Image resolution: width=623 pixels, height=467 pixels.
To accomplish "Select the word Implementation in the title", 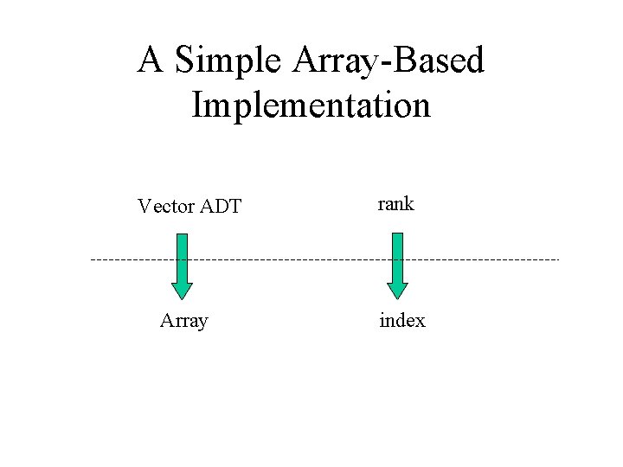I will [x=311, y=106].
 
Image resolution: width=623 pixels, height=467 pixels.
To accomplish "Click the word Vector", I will [x=166, y=207].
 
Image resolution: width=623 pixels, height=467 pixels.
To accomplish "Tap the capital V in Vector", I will [x=144, y=207].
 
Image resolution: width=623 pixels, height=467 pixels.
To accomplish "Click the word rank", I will [x=395, y=204].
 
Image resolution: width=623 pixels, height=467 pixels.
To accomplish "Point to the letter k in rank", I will [x=409, y=204].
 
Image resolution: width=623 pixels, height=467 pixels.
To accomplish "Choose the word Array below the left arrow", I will [x=183, y=321].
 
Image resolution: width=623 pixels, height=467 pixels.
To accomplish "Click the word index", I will [x=402, y=321].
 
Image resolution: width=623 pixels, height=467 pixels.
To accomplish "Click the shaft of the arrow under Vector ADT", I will [x=182, y=255].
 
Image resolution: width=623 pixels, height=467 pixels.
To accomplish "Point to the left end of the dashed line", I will [x=92, y=259].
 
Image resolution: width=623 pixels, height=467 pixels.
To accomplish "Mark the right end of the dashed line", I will [x=559, y=259].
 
